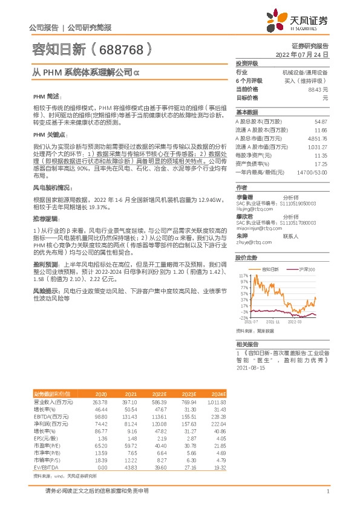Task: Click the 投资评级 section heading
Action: point(247,63)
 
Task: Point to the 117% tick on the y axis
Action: point(244,258)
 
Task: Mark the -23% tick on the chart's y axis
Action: point(244,317)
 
